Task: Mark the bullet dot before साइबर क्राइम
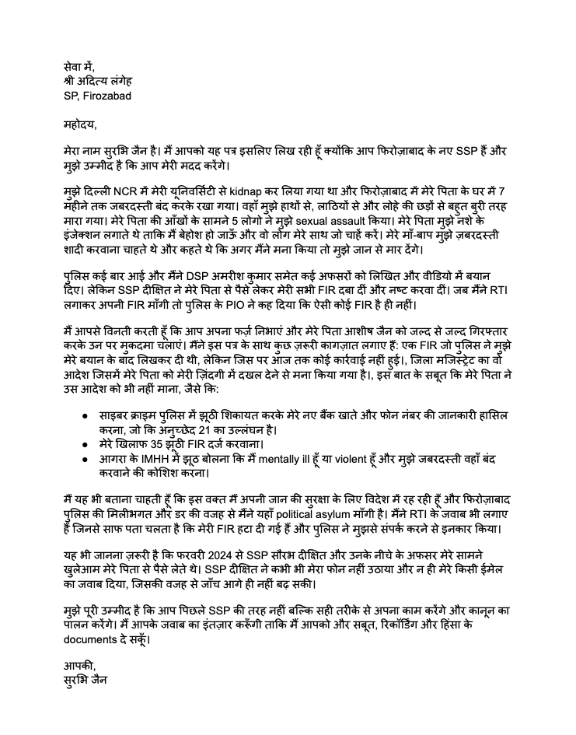(83, 417)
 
